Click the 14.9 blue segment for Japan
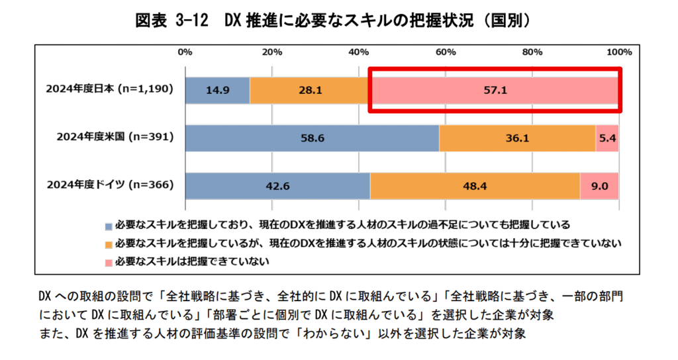(x=217, y=90)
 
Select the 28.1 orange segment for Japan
(x=309, y=90)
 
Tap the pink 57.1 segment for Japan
(x=494, y=90)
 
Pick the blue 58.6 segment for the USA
(x=312, y=138)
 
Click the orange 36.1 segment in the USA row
(x=517, y=138)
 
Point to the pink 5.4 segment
(x=607, y=138)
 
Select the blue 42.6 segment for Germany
(x=277, y=186)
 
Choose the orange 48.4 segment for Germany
(x=475, y=186)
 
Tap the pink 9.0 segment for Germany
(x=599, y=186)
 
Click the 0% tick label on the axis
(x=185, y=52)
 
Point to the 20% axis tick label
(x=272, y=52)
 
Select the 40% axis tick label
(x=359, y=52)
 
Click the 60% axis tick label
(x=446, y=52)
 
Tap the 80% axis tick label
(x=532, y=52)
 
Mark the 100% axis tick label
(x=618, y=52)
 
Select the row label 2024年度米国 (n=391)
(x=115, y=138)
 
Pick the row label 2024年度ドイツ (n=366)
(x=110, y=185)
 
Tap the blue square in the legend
(x=109, y=225)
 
